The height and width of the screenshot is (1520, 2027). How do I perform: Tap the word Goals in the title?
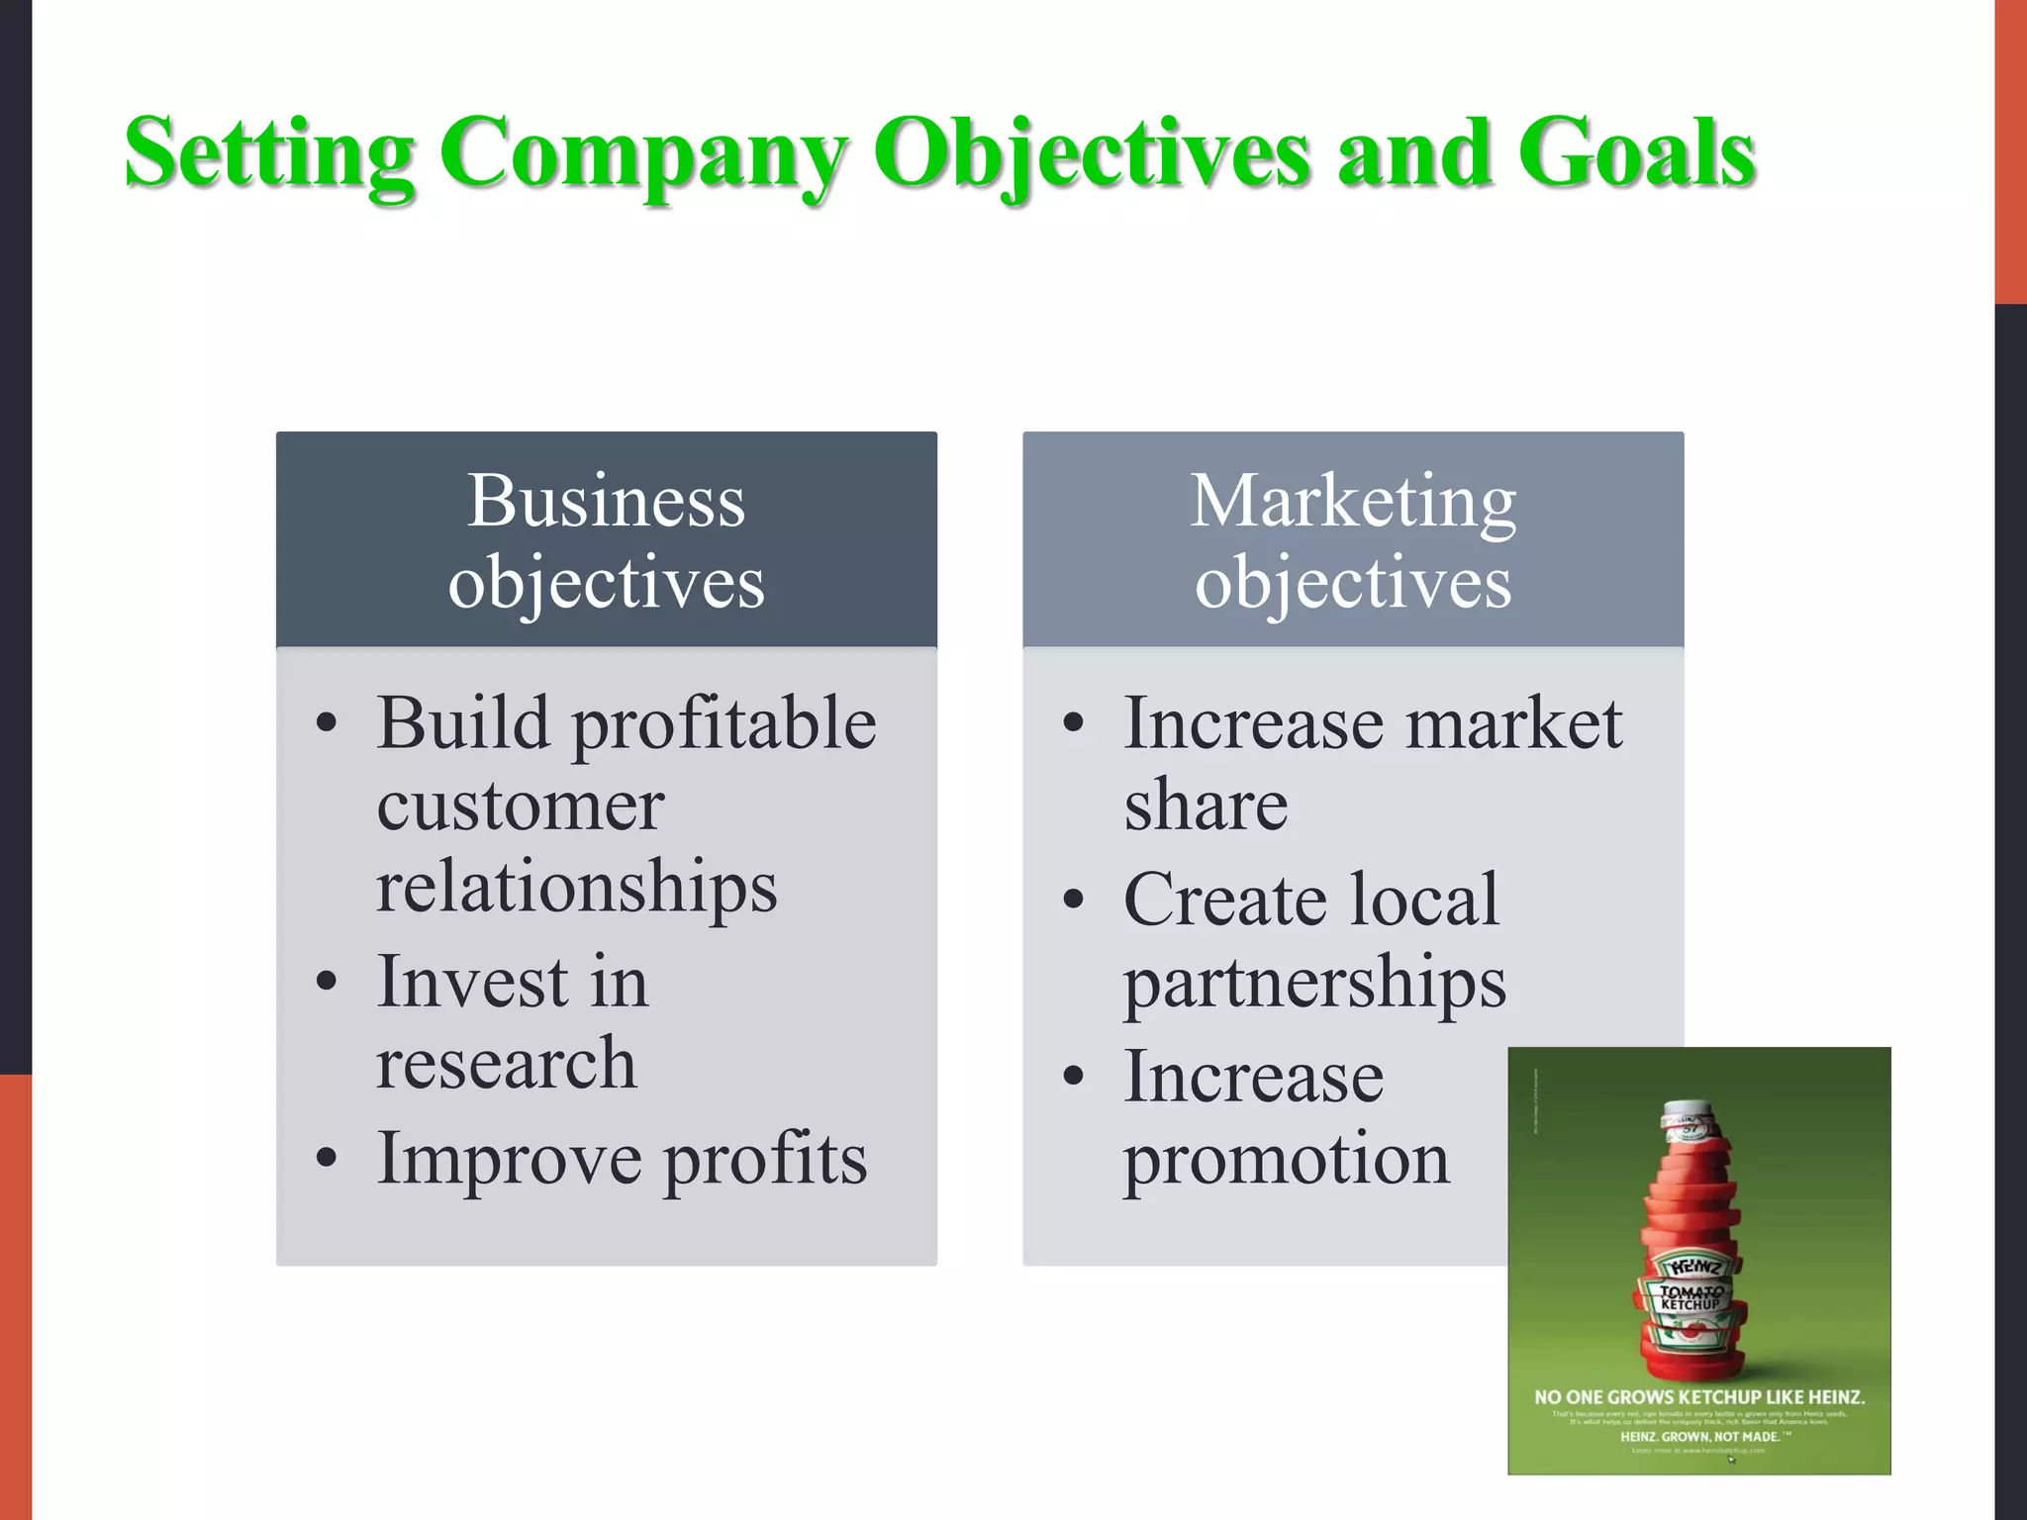pyautogui.click(x=1637, y=153)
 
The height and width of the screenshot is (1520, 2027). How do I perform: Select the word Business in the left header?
pyautogui.click(x=606, y=501)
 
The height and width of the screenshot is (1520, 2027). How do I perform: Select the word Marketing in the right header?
pyautogui.click(x=1352, y=501)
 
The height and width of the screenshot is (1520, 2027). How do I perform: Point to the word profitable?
pyautogui.click(x=724, y=724)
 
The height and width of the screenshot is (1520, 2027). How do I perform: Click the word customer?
pyautogui.click(x=520, y=806)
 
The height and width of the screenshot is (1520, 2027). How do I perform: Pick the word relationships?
pyautogui.click(x=576, y=887)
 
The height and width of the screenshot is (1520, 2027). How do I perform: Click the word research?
pyautogui.click(x=506, y=1065)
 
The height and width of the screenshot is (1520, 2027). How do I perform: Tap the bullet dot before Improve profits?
pyautogui.click(x=327, y=1158)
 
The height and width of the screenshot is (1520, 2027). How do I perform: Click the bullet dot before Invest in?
pyautogui.click(x=327, y=982)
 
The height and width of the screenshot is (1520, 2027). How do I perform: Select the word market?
pyautogui.click(x=1514, y=724)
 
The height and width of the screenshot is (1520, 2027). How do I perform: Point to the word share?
pyautogui.click(x=1206, y=806)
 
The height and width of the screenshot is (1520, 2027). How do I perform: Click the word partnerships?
pyautogui.click(x=1314, y=984)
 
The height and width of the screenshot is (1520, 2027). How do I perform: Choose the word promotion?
pyautogui.click(x=1287, y=1160)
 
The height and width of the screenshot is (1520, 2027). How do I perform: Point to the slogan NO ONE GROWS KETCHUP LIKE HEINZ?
pyautogui.click(x=1698, y=1397)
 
